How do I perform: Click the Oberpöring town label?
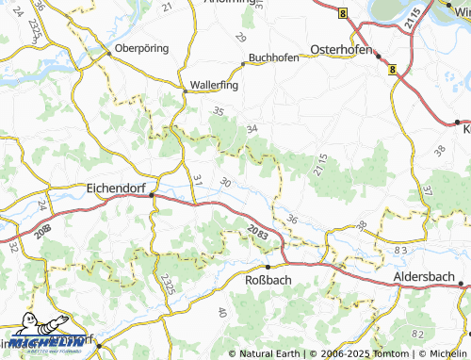click(x=141, y=47)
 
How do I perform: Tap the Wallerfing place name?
click(x=214, y=84)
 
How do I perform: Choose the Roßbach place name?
click(x=268, y=281)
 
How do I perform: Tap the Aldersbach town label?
click(x=421, y=282)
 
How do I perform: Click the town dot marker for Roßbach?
click(x=268, y=267)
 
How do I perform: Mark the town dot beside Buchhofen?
click(x=244, y=64)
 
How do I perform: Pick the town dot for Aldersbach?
click(x=456, y=282)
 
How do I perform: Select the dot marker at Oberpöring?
click(x=108, y=54)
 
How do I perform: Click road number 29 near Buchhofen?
click(x=240, y=38)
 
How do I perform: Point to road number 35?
click(x=219, y=111)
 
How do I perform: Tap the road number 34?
click(x=251, y=128)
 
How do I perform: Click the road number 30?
click(x=223, y=182)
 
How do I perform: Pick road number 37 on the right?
click(x=427, y=189)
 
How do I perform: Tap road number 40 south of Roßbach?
click(x=222, y=313)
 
